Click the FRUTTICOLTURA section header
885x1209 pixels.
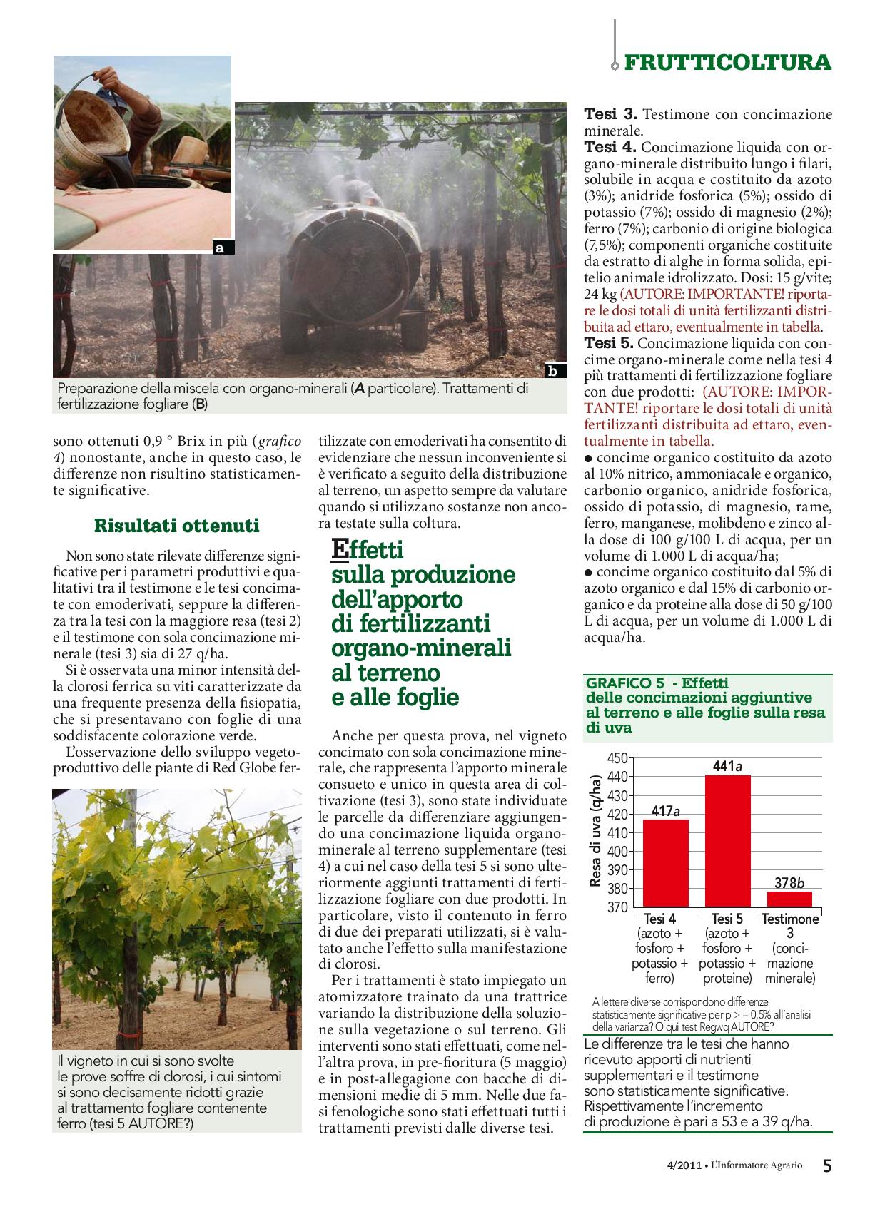pos(727,63)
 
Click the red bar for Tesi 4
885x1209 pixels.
pos(665,862)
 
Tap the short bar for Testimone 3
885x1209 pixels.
pos(789,899)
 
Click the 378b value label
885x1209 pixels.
pos(789,883)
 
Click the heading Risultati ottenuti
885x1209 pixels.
pos(177,526)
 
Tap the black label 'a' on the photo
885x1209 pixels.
pos(220,248)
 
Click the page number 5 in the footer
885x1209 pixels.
pos(826,1166)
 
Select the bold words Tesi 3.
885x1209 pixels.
pos(610,115)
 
